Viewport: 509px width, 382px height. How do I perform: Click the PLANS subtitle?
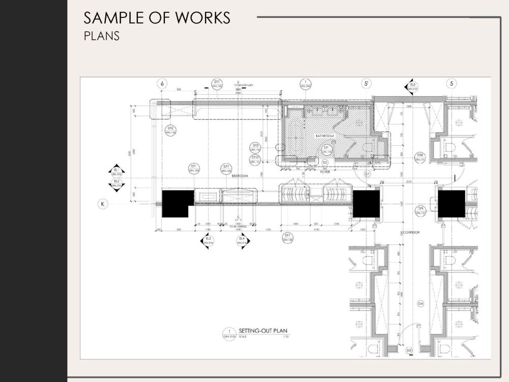pos(101,37)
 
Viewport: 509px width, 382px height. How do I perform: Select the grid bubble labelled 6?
pos(162,84)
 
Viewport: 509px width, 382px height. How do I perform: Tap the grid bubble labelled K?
pos(103,204)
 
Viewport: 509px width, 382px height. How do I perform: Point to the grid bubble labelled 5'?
pos(366,84)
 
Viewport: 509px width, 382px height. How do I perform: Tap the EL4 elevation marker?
pos(242,240)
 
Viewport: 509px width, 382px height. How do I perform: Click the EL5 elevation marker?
pos(412,87)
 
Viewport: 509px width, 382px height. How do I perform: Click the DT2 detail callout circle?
pos(171,130)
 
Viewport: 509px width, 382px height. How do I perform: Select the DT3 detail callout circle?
pos(256,147)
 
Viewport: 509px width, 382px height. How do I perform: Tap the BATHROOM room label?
pos(324,136)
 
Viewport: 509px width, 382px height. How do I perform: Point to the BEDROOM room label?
pos(240,176)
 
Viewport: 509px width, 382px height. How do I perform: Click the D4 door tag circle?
pos(420,304)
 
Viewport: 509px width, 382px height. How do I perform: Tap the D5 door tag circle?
pos(409,350)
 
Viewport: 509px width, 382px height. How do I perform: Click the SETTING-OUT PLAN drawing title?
pos(260,331)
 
